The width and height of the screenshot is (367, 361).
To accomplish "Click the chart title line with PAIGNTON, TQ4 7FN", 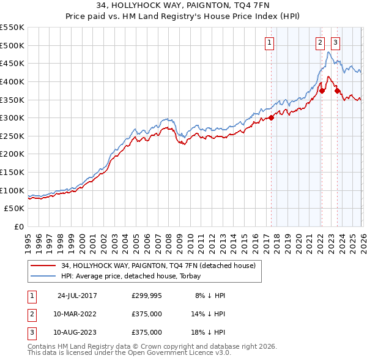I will click(183, 6).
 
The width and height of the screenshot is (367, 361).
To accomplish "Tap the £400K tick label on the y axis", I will click(12, 81).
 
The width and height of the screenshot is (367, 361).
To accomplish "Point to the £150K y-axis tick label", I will click(12, 173).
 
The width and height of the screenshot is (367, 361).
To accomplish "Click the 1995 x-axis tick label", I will click(28, 238).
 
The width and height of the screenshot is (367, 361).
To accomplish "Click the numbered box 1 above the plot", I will click(270, 43).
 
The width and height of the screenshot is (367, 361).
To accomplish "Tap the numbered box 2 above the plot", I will click(320, 43).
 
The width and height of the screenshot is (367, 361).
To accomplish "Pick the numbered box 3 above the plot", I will click(336, 43).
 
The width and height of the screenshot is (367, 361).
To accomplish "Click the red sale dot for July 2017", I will click(271, 118).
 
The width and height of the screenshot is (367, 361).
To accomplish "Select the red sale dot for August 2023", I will click(336, 91).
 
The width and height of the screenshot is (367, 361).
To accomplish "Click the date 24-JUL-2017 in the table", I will click(77, 296).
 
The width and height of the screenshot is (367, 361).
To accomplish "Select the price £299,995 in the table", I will click(147, 296).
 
